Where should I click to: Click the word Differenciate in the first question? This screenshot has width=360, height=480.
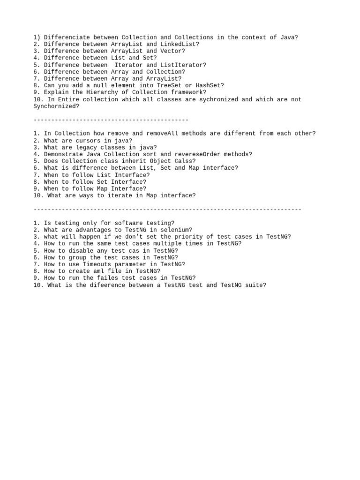67,37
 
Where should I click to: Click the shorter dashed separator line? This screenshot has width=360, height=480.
111,120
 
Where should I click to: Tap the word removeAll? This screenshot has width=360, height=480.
160,134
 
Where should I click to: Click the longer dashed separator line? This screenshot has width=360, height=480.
167,210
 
